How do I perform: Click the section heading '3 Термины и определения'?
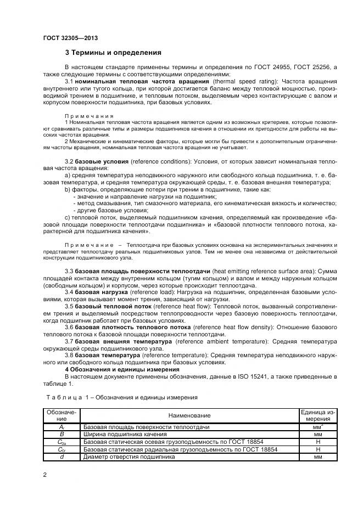point(113,53)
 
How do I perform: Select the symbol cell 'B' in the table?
point(62,433)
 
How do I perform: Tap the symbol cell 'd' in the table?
point(62,456)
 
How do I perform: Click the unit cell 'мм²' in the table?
point(317,426)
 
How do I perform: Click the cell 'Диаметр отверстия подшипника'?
point(129,456)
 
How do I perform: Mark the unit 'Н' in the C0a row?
point(317,441)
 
